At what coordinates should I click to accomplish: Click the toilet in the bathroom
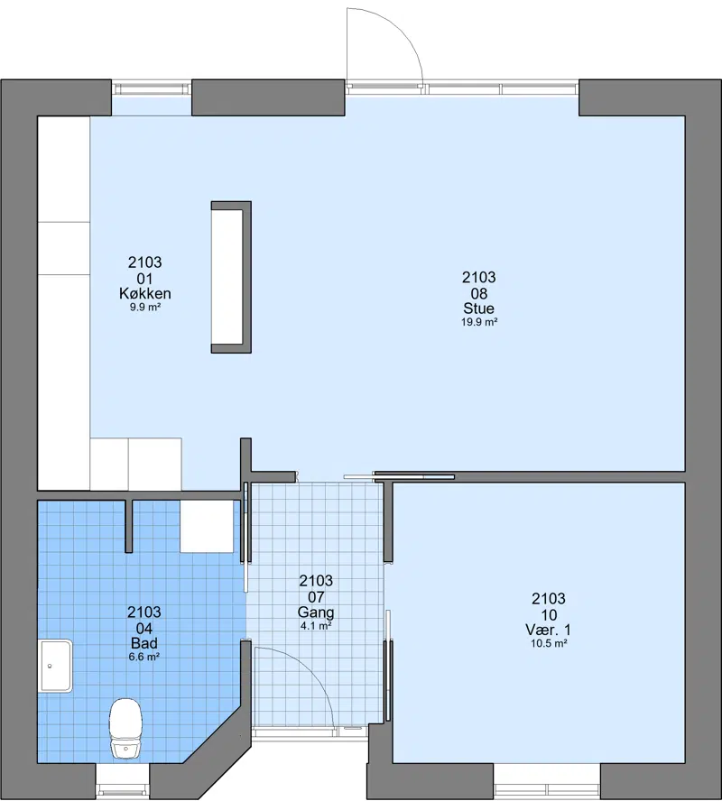(x=125, y=729)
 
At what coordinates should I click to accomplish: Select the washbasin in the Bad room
(x=56, y=666)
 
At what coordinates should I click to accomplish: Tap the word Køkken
(x=145, y=293)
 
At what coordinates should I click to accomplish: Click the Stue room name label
(x=479, y=308)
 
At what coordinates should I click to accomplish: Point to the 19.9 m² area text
(x=479, y=322)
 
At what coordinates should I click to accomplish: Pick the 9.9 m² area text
(x=145, y=308)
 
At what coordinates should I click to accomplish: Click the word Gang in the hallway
(x=316, y=612)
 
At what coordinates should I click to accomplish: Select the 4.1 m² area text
(x=316, y=626)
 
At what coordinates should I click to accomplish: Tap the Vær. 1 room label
(x=549, y=630)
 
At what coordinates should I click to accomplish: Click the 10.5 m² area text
(x=549, y=644)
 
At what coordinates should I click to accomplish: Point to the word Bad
(x=144, y=643)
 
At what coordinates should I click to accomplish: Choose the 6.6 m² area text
(x=144, y=657)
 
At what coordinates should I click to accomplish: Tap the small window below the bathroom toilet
(x=123, y=780)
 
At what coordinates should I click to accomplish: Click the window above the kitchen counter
(x=152, y=89)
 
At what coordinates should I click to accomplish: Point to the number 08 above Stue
(x=479, y=293)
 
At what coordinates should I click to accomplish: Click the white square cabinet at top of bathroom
(x=207, y=526)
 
